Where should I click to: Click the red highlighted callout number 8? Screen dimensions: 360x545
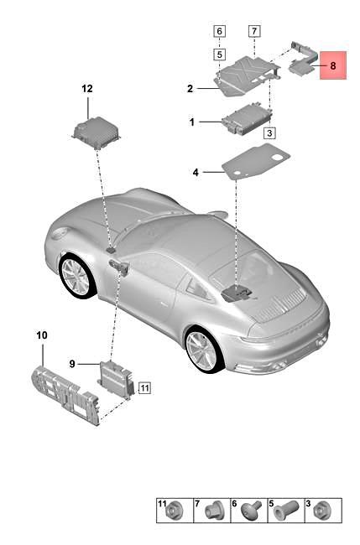pyautogui.click(x=333, y=65)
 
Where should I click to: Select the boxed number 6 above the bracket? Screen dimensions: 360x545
pyautogui.click(x=220, y=31)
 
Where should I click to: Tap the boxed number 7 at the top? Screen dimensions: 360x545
pyautogui.click(x=254, y=31)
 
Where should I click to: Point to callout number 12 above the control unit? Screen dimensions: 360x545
pyautogui.click(x=87, y=89)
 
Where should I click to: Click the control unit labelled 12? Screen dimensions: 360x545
pyautogui.click(x=97, y=133)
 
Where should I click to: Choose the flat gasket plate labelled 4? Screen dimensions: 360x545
pyautogui.click(x=256, y=162)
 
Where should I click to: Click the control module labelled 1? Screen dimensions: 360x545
pyautogui.click(x=247, y=119)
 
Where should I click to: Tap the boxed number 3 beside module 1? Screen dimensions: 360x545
pyautogui.click(x=269, y=132)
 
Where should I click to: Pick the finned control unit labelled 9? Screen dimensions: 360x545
pyautogui.click(x=117, y=379)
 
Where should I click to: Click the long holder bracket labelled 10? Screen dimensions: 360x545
pyautogui.click(x=65, y=394)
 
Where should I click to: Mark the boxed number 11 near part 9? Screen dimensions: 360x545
pyautogui.click(x=144, y=387)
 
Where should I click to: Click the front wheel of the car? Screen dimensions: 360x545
pyautogui.click(x=76, y=277)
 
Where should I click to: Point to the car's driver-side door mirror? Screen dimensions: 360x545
pyautogui.click(x=119, y=267)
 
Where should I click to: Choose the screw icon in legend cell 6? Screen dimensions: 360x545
pyautogui.click(x=253, y=510)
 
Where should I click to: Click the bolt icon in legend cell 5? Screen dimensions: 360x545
pyautogui.click(x=286, y=511)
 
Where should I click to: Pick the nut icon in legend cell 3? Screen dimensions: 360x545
pyautogui.click(x=321, y=511)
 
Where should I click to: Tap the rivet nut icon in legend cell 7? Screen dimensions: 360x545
pyautogui.click(x=212, y=511)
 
